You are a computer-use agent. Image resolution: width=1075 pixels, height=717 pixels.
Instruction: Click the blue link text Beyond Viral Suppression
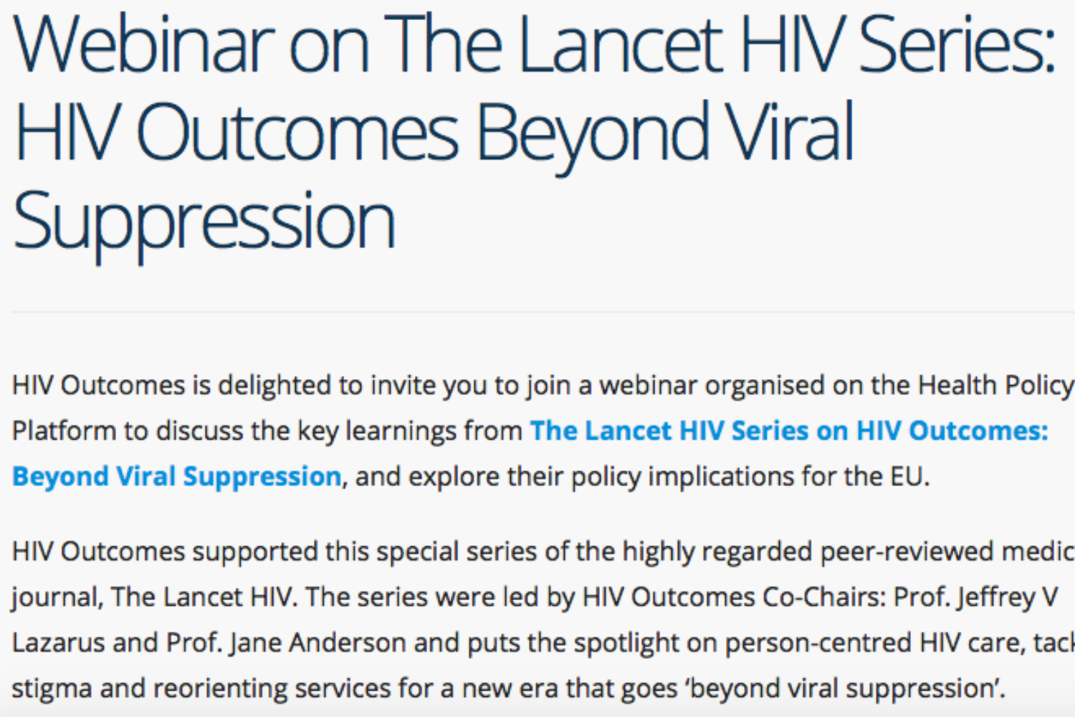[176, 477]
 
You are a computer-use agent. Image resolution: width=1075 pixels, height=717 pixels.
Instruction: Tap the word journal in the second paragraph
[54, 597]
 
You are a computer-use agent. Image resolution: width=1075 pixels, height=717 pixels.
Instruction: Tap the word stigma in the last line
[52, 688]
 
